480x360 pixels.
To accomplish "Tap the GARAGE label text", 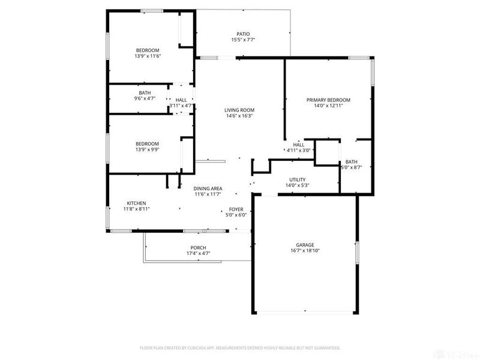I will pos(305,245).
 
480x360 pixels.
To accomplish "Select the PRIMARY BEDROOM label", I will pos(328,100).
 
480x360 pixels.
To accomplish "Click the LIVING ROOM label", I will pos(239,110).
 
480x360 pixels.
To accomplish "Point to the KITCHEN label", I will pos(136,203).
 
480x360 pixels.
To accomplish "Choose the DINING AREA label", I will pos(208,188).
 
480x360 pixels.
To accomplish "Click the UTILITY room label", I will pos(298,179).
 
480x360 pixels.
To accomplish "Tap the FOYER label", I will pos(236,209).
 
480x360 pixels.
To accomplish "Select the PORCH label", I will pos(198,248).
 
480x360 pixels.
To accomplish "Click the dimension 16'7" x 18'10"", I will pos(305,251).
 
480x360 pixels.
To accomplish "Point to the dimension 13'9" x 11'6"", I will pos(148,56).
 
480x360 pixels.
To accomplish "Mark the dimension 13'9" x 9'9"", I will pos(148,149).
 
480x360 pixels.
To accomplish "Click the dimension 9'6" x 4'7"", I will pos(145,98).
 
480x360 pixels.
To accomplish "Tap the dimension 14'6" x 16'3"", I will pos(239,116).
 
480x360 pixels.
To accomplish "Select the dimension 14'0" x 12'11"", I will pos(328,106).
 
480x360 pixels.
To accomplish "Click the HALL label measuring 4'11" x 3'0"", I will pos(299,145).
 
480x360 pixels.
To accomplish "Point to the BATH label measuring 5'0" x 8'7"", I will pos(351,161).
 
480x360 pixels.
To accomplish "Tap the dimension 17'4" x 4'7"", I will pos(198,254).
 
